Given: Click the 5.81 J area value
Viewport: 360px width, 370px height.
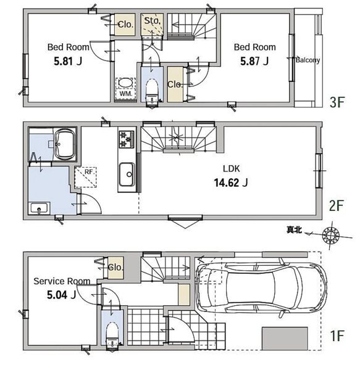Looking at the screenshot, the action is click(68, 61).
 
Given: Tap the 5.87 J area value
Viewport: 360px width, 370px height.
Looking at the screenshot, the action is click(254, 61).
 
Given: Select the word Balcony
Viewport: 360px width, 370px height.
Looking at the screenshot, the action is click(308, 60).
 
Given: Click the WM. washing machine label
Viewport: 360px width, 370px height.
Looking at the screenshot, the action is click(126, 94).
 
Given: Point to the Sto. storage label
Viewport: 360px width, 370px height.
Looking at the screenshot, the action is click(152, 21).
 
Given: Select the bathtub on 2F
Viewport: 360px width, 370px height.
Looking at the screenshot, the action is click(64, 144).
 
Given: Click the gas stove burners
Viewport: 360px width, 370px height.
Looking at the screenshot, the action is click(127, 139).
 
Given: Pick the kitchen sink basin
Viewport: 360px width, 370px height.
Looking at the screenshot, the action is click(127, 175).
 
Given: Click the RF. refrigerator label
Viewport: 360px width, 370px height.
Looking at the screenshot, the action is click(89, 172).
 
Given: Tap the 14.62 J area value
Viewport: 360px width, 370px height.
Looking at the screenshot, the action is click(231, 183).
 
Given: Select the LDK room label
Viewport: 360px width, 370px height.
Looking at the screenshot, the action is click(232, 169).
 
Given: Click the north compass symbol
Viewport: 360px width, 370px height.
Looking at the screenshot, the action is click(331, 236).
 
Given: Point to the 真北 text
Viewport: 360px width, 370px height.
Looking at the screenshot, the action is click(294, 229).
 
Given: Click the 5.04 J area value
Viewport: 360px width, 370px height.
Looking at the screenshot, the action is click(61, 295).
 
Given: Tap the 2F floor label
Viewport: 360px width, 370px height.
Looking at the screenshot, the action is click(336, 206).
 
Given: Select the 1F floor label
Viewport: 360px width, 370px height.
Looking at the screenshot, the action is click(337, 336).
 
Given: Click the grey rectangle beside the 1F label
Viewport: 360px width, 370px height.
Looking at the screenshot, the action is click(285, 339).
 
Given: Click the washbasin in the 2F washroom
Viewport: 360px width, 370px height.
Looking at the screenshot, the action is click(40, 208).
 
